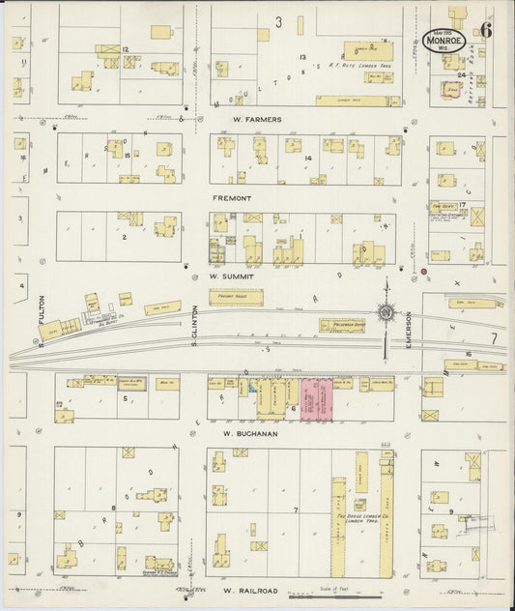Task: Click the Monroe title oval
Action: [x=444, y=41]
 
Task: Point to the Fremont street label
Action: [x=231, y=197]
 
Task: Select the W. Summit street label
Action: [x=230, y=276]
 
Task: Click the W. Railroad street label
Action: [x=249, y=590]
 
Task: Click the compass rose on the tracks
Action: [x=386, y=312]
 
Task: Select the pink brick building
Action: [x=317, y=399]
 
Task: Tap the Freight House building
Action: [x=236, y=297]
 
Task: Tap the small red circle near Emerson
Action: [x=423, y=273]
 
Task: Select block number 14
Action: [x=308, y=158]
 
